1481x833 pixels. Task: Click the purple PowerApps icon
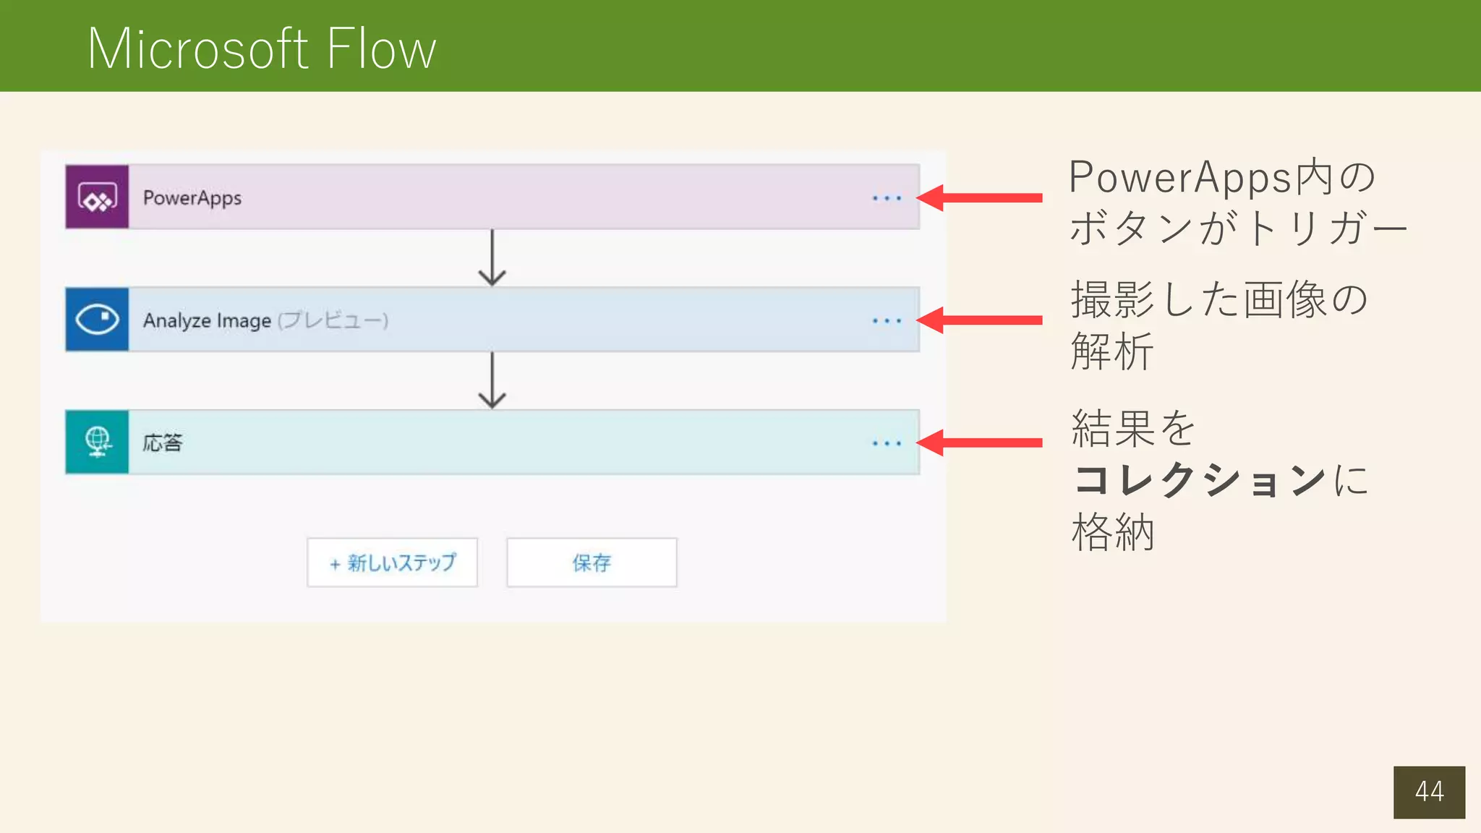(97, 197)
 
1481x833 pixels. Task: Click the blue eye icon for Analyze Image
(97, 320)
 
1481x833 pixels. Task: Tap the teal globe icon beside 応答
(97, 442)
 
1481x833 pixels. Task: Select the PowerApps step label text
(192, 198)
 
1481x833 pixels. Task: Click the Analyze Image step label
(207, 320)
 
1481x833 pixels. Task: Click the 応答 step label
(163, 443)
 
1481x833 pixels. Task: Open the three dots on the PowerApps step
(886, 198)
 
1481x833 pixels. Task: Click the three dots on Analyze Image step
(886, 320)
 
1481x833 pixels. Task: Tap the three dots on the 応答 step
(886, 443)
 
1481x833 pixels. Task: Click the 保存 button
(592, 563)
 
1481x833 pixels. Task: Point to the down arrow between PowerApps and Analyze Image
(492, 258)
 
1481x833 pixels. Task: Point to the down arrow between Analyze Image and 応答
(492, 380)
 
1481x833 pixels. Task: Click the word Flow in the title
(381, 49)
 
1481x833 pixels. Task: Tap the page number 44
(1429, 792)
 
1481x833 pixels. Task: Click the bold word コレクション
(1199, 480)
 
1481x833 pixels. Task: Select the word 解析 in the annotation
(1112, 352)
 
